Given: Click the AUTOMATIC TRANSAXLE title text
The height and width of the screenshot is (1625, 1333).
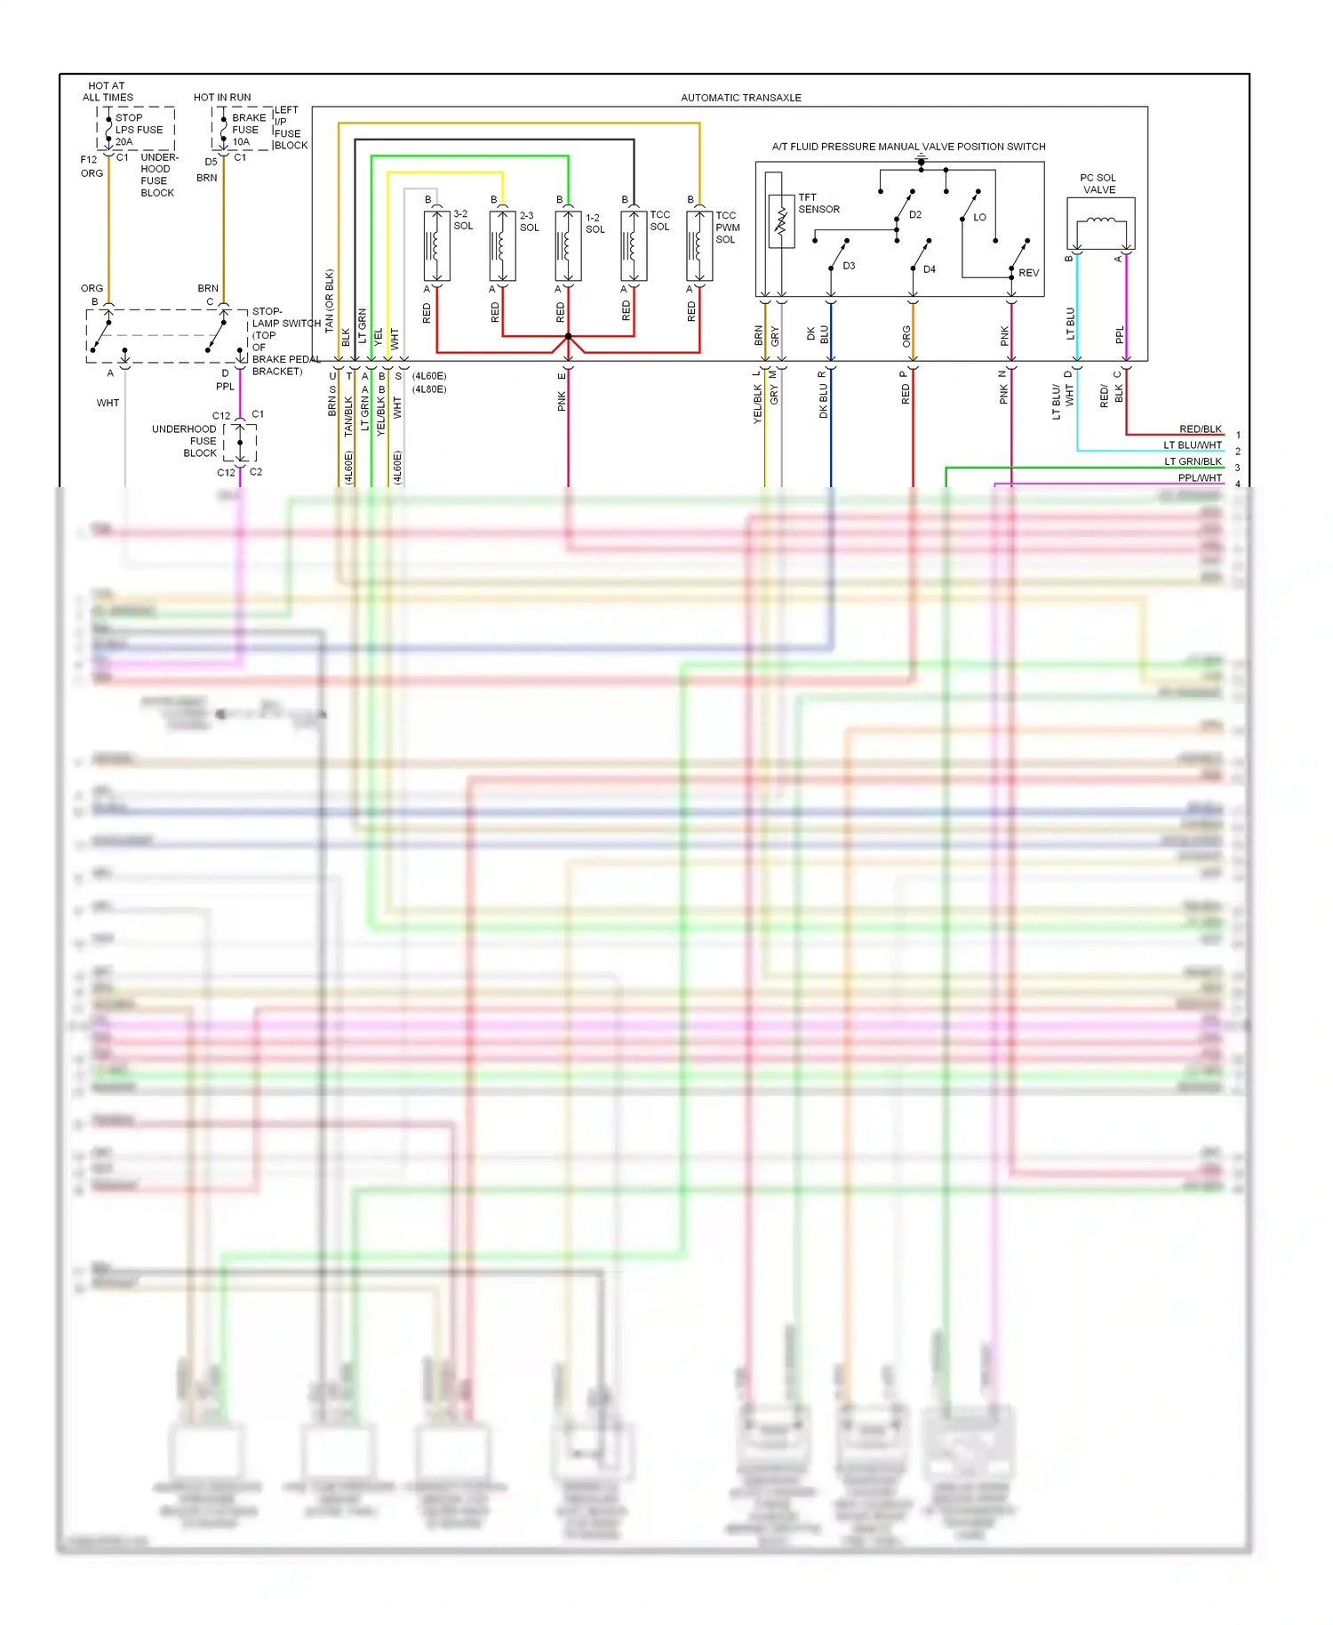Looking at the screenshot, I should pos(740,98).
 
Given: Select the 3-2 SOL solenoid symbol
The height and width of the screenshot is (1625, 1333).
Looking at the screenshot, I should pos(436,246).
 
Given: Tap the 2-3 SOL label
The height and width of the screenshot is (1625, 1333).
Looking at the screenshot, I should pos(529,221).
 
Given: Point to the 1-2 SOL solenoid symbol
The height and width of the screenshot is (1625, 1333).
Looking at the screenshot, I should pos(568,246).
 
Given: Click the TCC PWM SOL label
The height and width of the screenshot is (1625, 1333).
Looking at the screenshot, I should pos(727,228).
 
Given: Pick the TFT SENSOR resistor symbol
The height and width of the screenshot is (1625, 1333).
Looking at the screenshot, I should pos(781,221).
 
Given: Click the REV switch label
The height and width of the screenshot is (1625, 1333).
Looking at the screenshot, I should pos(1028,273).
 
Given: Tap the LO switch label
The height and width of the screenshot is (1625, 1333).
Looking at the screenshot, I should pos(979,218).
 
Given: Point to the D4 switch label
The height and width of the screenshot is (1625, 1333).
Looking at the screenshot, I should pos(929,269).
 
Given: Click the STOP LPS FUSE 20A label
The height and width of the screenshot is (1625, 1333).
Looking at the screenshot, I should pos(139,130).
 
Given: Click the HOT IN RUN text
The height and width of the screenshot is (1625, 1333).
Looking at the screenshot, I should pos(222,98).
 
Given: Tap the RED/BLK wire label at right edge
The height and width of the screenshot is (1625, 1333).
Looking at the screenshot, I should pos(1200,429).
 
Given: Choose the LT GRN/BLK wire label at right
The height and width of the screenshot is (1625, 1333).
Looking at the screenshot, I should pos(1193,462).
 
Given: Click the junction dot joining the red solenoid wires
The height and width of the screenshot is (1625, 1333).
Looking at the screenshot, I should pos(568,336).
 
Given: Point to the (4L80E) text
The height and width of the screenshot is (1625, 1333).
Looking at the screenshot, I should pos(429,389).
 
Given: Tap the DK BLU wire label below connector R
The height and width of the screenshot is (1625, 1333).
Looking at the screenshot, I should pos(824,401).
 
